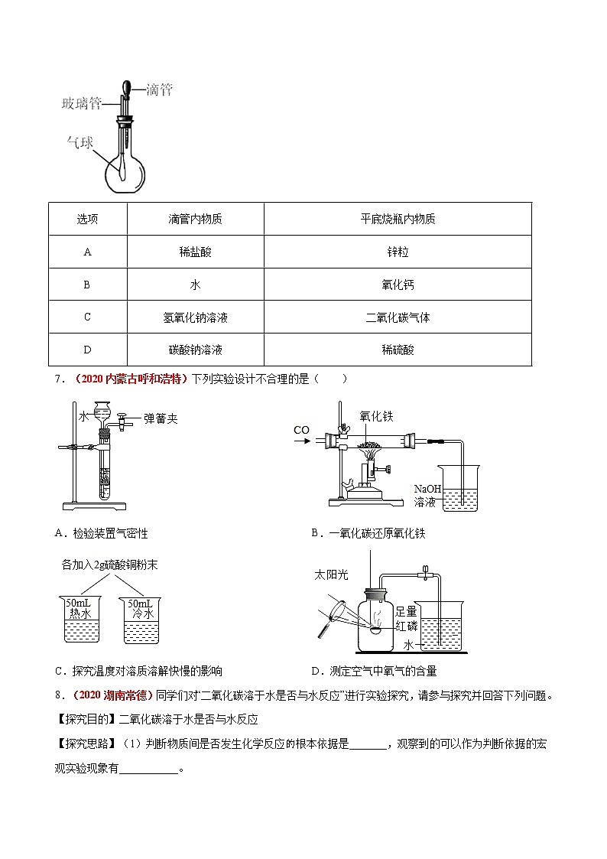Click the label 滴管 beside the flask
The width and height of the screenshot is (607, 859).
[x=159, y=90]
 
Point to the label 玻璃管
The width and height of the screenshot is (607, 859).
[x=81, y=103]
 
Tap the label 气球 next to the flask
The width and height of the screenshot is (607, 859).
[x=80, y=142]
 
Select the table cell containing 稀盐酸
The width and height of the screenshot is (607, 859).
[x=195, y=252]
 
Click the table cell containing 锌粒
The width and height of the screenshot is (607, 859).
[x=398, y=252]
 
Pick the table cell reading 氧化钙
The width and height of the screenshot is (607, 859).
[x=398, y=285]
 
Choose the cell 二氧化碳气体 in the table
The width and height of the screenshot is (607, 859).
[x=398, y=317]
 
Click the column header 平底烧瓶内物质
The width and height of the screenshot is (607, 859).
[x=398, y=219]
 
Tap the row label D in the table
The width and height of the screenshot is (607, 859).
[x=87, y=350]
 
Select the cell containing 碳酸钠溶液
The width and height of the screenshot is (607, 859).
[x=195, y=350]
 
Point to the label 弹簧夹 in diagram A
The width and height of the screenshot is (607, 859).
[x=161, y=418]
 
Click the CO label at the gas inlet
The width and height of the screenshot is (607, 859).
[x=301, y=430]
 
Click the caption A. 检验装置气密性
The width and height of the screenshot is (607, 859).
[x=102, y=533]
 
